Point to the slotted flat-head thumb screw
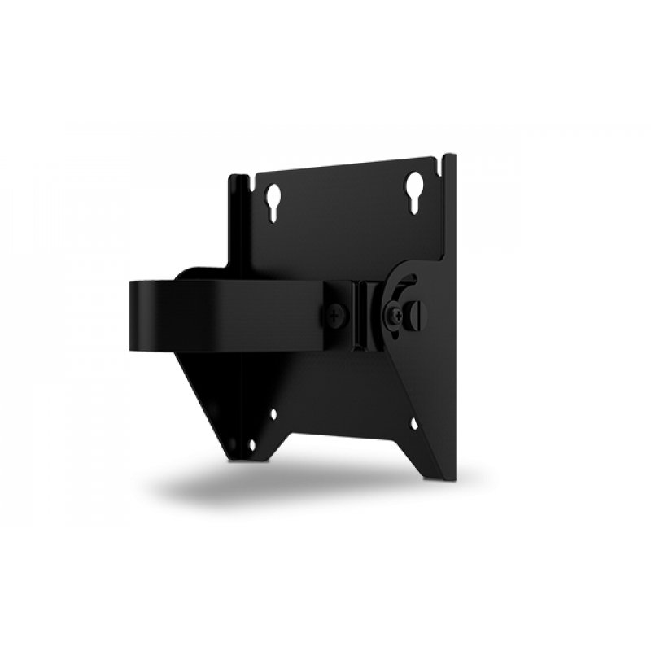coord(417,310)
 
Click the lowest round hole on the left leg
coord(251,445)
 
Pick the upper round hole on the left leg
coord(273,413)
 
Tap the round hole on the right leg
coord(414,424)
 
